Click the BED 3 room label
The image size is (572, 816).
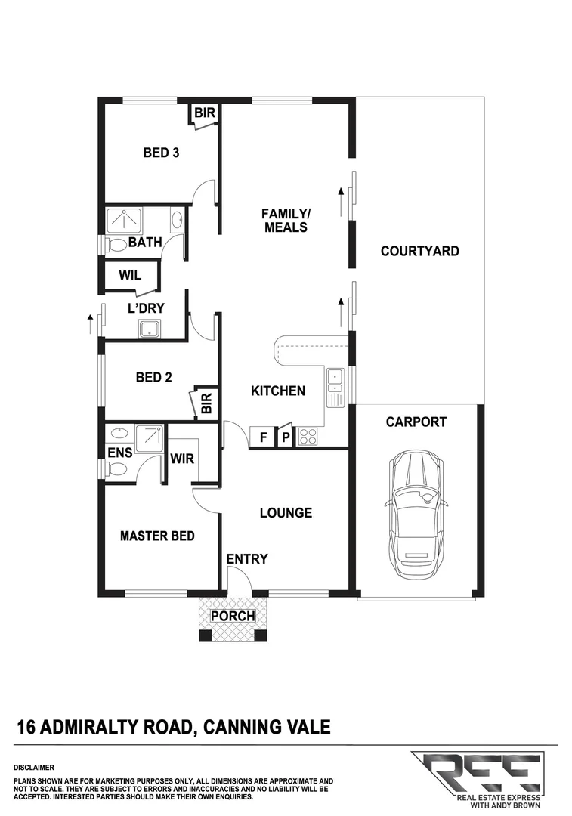pos(161,153)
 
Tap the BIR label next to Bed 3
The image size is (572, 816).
pos(205,113)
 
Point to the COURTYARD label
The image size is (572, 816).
pos(419,251)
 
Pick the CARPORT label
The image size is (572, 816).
pos(416,422)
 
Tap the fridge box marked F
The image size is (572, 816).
pos(262,437)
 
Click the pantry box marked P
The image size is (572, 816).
pos(286,437)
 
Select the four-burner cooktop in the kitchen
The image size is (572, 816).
pos(309,436)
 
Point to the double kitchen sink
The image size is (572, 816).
pos(335,385)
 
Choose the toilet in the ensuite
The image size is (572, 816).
pos(116,469)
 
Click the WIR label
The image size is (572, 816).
pos(183,458)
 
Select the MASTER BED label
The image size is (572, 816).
pos(157,536)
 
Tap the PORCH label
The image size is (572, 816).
pos(233,617)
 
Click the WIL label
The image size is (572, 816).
pos(130,275)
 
